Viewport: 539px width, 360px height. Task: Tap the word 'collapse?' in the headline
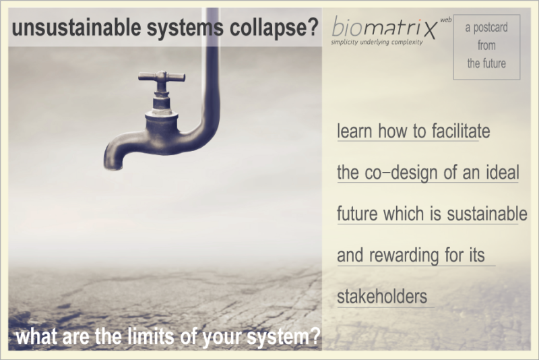274,28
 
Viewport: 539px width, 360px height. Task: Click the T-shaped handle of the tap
162,77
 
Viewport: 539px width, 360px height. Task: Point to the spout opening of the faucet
113,167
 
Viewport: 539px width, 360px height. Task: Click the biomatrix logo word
385,27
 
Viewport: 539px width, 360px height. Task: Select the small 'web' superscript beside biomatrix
446,20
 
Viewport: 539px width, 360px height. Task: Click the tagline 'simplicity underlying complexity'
377,42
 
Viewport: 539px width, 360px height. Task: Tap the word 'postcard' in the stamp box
490,28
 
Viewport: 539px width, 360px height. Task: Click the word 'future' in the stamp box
493,63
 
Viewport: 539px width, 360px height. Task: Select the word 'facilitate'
461,131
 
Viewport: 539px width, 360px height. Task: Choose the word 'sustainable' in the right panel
486,214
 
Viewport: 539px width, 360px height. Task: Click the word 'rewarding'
404,256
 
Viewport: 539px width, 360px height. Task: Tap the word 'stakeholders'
382,297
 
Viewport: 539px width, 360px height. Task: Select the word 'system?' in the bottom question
284,337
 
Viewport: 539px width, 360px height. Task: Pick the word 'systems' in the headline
185,28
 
